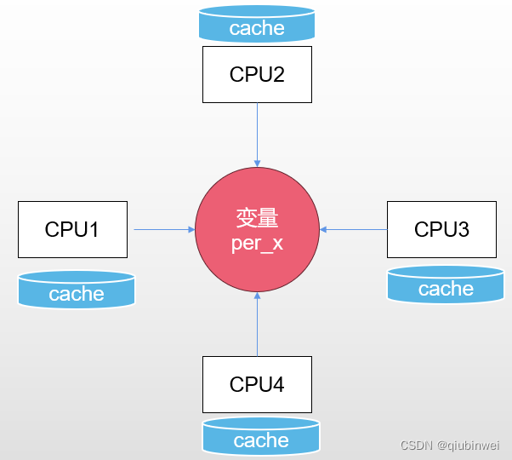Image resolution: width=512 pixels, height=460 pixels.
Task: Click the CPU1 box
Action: [72, 229]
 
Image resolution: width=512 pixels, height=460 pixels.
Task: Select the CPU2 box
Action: [257, 74]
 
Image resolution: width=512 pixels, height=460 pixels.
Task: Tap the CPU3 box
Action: [441, 229]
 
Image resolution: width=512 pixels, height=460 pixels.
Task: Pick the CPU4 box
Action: [257, 384]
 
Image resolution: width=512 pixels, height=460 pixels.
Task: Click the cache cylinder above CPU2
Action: [257, 24]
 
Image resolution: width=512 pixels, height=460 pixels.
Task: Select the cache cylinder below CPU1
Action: [77, 290]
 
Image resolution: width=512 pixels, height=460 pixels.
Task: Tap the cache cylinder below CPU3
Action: [446, 285]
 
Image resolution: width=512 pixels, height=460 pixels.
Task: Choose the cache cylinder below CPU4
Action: [261, 435]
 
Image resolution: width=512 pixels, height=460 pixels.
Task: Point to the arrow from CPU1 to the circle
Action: [162, 229]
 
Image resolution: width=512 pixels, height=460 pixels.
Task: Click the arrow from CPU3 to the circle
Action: [353, 229]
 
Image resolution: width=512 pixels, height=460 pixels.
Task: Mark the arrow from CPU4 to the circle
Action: [257, 324]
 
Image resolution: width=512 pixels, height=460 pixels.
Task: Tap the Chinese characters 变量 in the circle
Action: [257, 218]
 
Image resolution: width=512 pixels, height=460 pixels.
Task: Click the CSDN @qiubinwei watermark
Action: [450, 445]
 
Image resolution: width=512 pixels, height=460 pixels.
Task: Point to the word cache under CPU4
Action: [261, 440]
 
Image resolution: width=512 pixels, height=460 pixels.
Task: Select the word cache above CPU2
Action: [257, 28]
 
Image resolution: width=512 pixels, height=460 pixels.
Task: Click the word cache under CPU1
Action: [77, 294]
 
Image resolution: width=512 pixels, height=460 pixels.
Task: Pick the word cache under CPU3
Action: [446, 289]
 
